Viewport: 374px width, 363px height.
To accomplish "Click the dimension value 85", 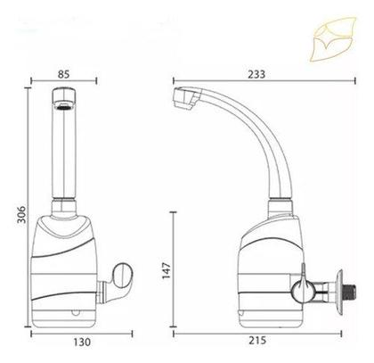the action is click(63, 74).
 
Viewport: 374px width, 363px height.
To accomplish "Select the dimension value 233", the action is click(256, 74).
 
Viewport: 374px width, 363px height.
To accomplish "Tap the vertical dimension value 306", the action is click(21, 214).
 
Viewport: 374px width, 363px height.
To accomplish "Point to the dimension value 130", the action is click(82, 342).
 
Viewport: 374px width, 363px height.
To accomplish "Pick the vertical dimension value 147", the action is click(167, 270).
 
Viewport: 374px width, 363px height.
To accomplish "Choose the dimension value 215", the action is click(257, 340).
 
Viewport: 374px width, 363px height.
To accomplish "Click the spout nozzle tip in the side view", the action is click(184, 98).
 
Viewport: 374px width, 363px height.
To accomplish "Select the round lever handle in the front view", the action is click(123, 276).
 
